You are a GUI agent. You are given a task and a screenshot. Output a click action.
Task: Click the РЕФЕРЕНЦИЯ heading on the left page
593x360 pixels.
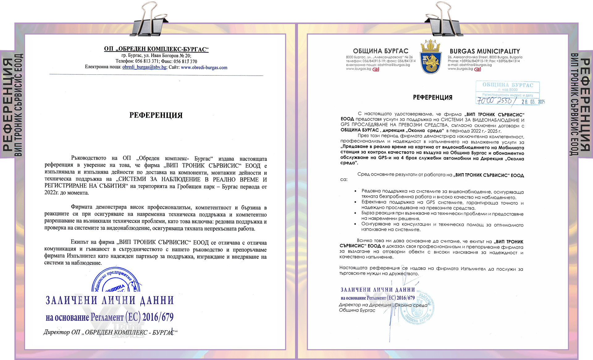pos(156,115)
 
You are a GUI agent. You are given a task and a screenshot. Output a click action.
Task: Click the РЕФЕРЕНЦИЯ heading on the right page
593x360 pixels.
pos(432,98)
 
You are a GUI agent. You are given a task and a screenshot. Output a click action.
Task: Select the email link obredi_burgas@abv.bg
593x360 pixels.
pos(145,67)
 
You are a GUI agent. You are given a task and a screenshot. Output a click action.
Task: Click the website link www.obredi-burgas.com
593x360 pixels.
pos(204,67)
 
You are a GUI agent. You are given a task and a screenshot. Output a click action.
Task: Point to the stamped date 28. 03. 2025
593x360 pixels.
pos(533,102)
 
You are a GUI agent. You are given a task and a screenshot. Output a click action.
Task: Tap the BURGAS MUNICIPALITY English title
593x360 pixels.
pos(485,51)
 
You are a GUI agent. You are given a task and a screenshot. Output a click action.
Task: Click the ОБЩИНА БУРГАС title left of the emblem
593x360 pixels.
pos(381,51)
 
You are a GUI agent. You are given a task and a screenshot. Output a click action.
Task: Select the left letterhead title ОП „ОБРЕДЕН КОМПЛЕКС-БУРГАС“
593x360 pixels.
pos(156,49)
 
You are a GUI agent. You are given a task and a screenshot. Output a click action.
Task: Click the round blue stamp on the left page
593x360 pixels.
pos(116,281)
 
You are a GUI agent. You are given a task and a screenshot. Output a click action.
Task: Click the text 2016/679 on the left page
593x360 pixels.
pos(158,317)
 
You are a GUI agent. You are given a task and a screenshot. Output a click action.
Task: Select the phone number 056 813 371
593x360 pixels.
pos(147,61)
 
